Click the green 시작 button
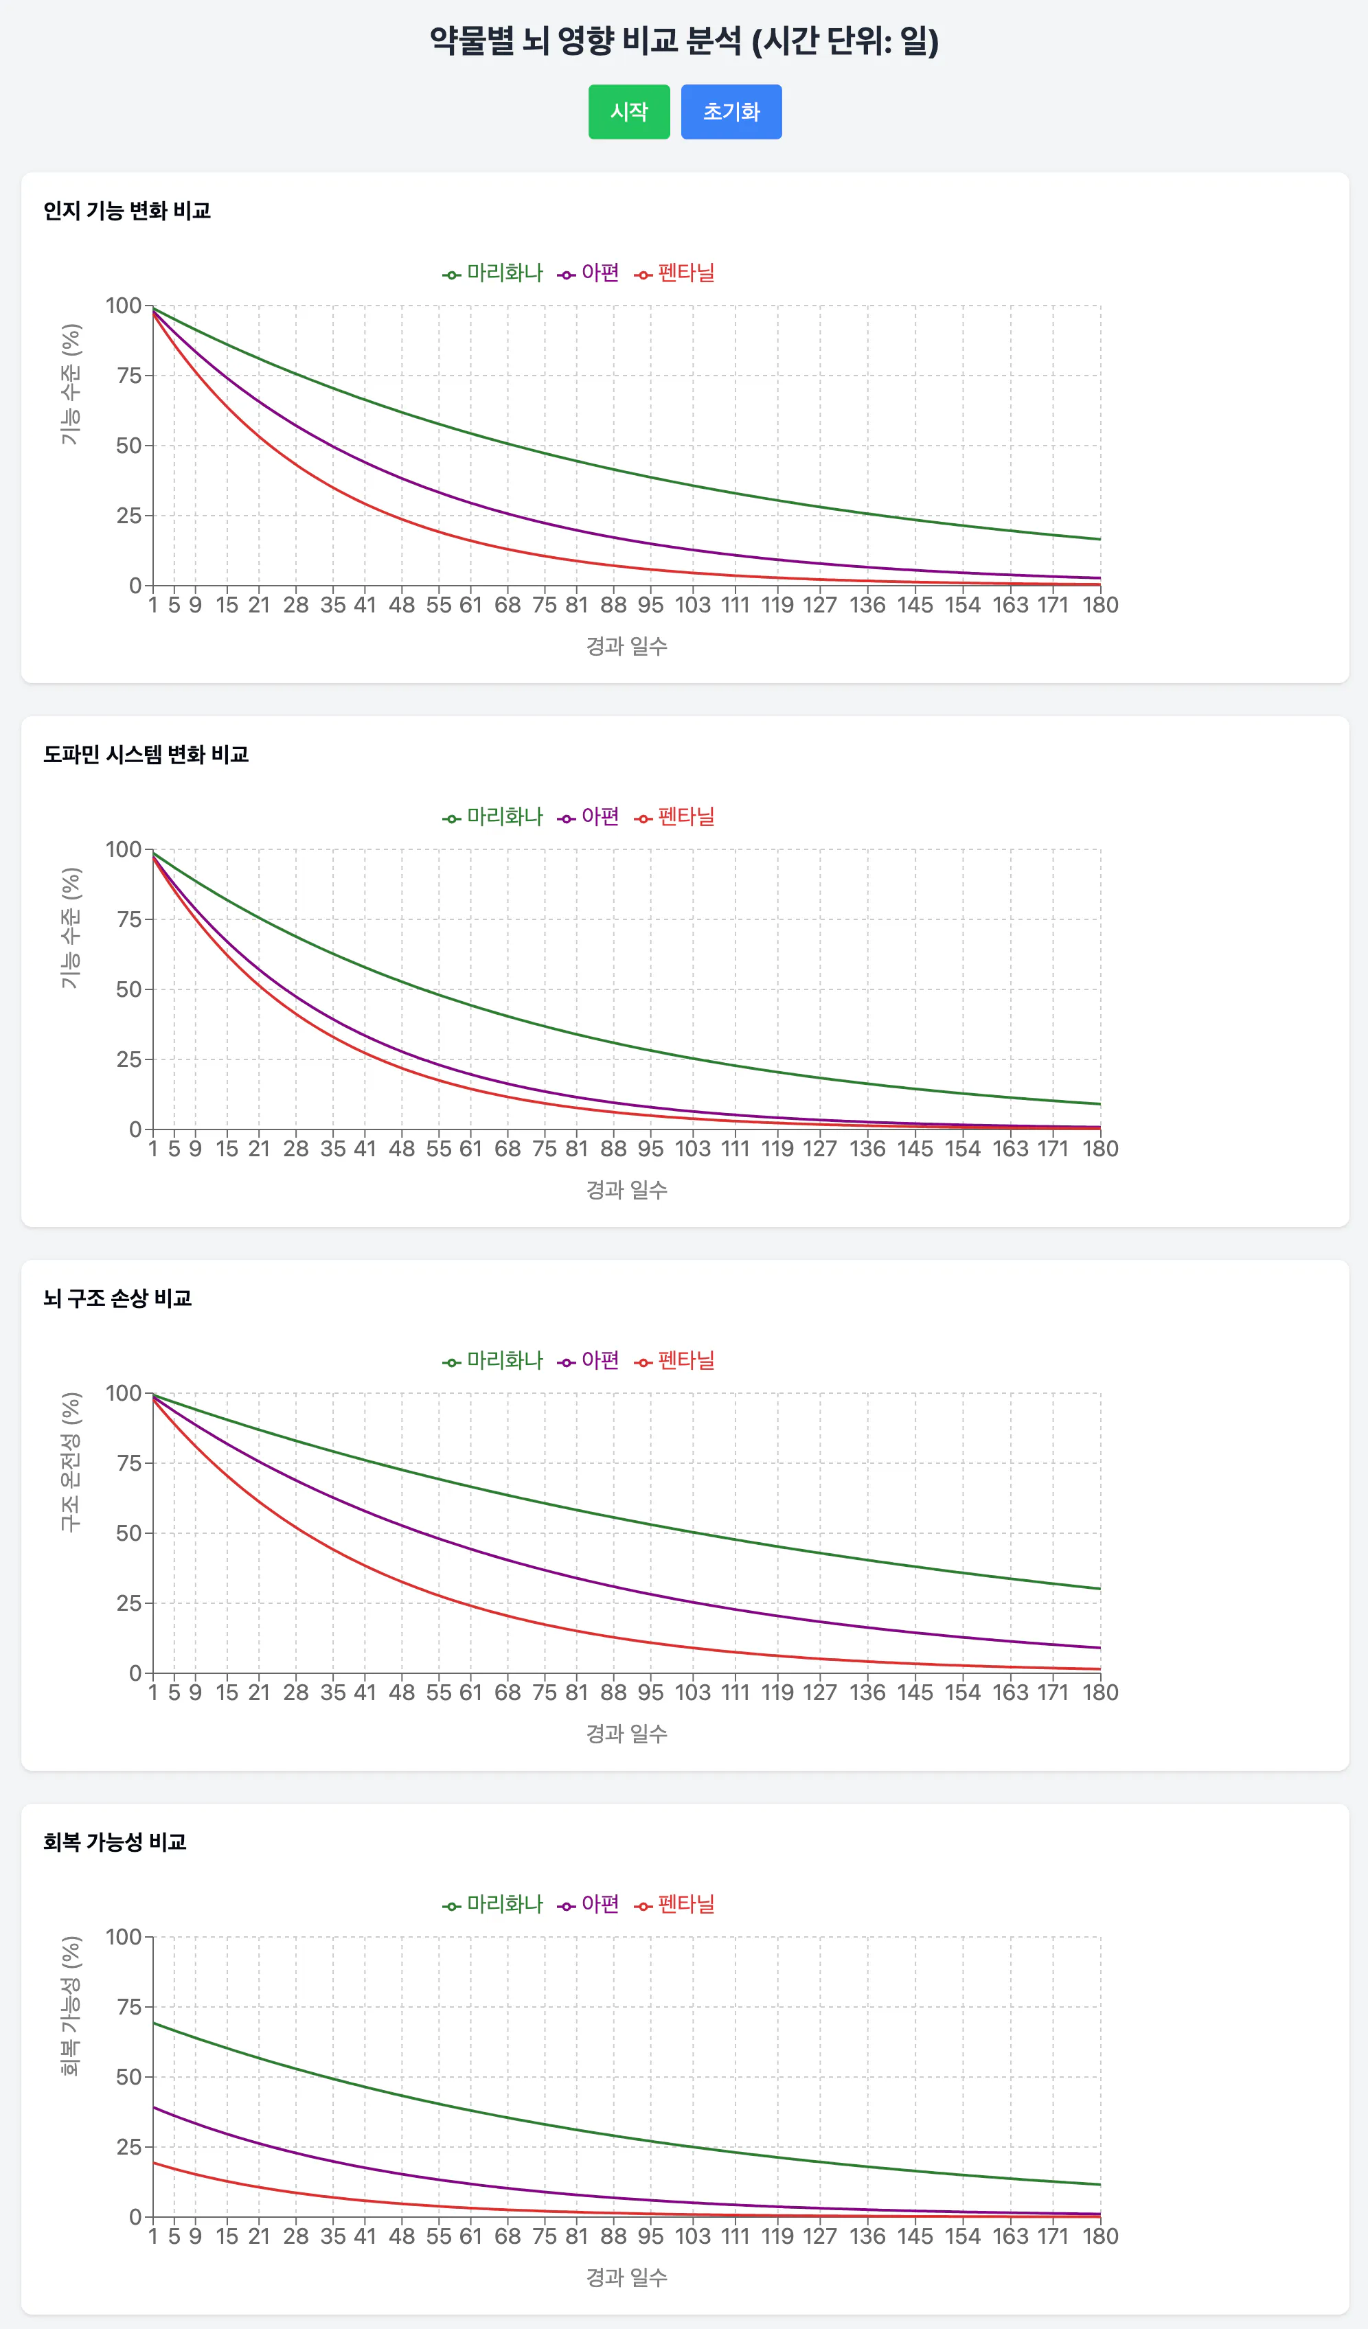[x=628, y=112]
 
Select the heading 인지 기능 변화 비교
[x=126, y=211]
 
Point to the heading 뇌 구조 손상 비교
[x=117, y=1298]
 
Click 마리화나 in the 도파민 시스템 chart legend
[x=504, y=816]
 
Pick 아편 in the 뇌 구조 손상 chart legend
[x=599, y=1359]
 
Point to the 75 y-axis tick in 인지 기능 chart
[x=128, y=375]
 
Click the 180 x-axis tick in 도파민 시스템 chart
[x=1100, y=1149]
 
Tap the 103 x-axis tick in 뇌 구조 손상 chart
[x=692, y=1693]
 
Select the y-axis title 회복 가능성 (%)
[x=70, y=2006]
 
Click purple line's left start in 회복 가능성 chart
[x=153, y=2107]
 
